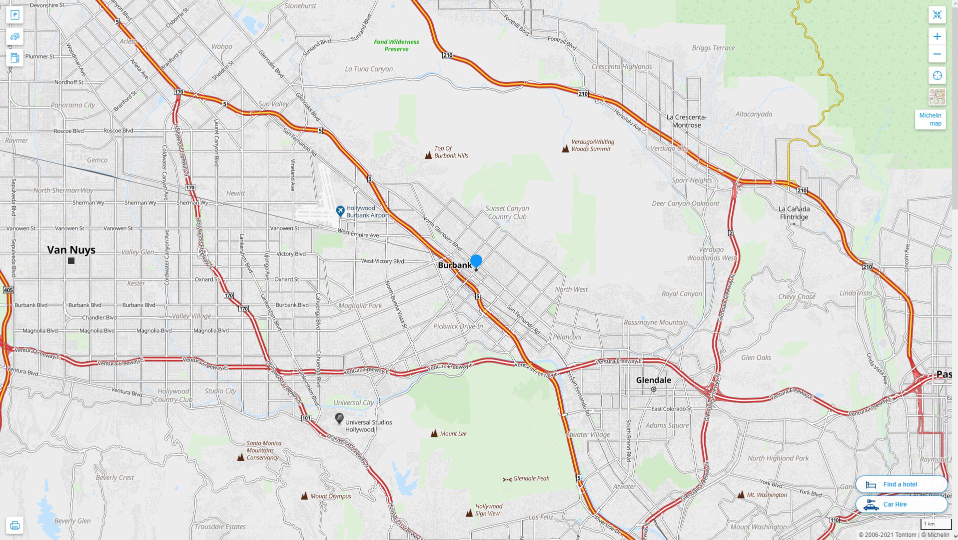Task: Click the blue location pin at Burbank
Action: [x=476, y=261]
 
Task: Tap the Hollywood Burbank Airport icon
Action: [x=340, y=211]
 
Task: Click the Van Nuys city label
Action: [x=71, y=250]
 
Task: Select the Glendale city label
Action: [x=653, y=380]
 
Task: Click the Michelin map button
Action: [x=930, y=119]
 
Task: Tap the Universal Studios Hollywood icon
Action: [x=339, y=418]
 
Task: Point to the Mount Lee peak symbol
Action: [x=434, y=433]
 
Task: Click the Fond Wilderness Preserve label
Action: [x=396, y=45]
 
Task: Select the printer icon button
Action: [x=14, y=525]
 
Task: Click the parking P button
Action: [x=14, y=15]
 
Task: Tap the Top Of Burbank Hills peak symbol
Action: [x=428, y=155]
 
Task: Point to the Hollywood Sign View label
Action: [x=488, y=510]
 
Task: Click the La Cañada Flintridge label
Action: [x=794, y=213]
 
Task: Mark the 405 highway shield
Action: [x=8, y=290]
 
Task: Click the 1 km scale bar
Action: [x=936, y=524]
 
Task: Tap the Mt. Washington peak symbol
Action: [x=741, y=495]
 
